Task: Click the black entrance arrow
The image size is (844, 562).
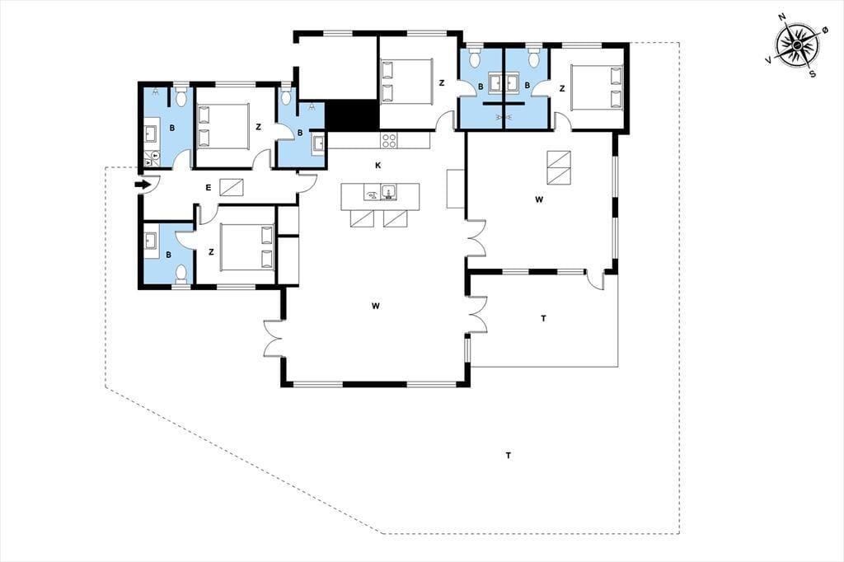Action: (142, 185)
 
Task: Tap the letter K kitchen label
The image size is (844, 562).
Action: (377, 166)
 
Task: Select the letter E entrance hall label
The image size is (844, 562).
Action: (209, 188)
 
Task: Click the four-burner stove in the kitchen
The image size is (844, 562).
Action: (389, 140)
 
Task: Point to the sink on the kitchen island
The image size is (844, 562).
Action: (388, 192)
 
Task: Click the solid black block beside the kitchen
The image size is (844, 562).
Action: (353, 115)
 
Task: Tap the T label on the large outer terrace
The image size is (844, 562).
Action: (508, 456)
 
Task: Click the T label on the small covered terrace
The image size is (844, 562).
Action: (544, 319)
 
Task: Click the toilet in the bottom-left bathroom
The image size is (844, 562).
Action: (181, 274)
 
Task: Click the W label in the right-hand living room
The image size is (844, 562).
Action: (539, 199)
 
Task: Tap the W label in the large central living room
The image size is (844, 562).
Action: (376, 307)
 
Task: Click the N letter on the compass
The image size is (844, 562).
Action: (782, 32)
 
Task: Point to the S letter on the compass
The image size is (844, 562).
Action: (813, 74)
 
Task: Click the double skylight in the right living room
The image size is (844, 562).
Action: (559, 167)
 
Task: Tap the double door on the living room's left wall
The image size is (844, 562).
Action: (273, 338)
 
